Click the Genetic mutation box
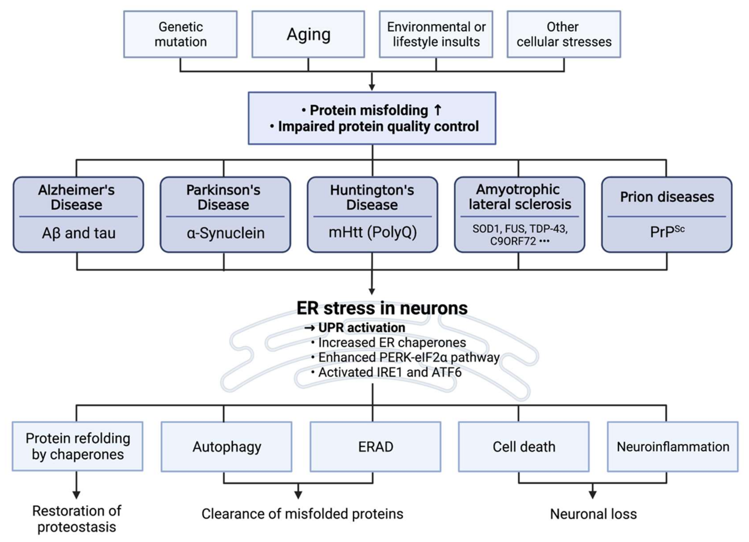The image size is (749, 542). coord(180,34)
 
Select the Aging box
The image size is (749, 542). coord(308,34)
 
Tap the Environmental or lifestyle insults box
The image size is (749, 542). coord(436,34)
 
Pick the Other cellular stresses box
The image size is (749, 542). coord(564,34)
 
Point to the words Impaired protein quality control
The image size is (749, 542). coord(378,127)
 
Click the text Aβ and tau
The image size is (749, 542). coord(79,233)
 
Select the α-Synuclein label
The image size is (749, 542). coord(226,233)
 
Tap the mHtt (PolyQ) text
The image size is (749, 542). coord(373,232)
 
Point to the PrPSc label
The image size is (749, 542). coord(667,232)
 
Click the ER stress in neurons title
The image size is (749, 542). coord(382,308)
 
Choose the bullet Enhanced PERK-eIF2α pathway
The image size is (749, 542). coord(409,357)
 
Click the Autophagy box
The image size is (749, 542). coord(226,447)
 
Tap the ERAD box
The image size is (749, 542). coord(375,447)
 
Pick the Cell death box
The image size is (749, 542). coord(524,447)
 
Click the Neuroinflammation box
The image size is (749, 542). coord(673,447)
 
